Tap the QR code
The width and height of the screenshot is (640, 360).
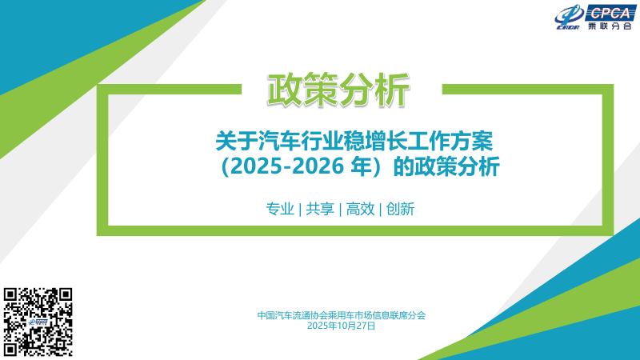[x=38, y=321]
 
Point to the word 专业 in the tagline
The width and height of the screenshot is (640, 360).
[x=279, y=209]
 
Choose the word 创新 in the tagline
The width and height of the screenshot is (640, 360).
[x=399, y=209]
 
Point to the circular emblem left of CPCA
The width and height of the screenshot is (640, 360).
[x=567, y=19]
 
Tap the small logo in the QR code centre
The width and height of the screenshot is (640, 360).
[x=38, y=322]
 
